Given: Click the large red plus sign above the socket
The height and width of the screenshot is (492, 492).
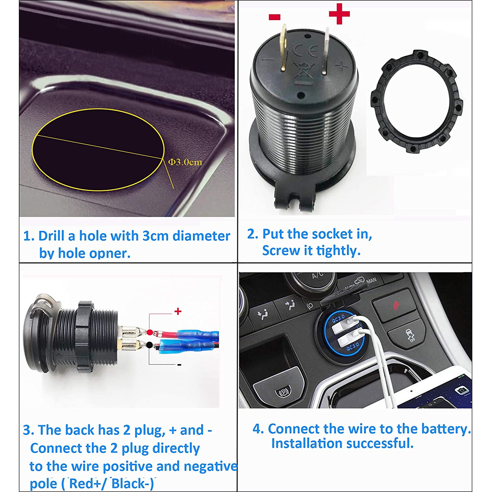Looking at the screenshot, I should coord(339,14).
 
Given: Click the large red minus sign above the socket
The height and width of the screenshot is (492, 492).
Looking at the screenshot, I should coord(275,17).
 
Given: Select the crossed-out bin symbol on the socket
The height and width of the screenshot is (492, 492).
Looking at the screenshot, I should coord(304,71).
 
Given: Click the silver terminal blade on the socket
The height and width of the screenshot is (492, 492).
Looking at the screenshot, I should coord(326,51).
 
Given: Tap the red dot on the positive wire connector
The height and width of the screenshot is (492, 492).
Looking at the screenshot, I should coord(150,332).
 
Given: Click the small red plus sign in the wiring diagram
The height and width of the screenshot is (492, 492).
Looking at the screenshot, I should coord(178,312).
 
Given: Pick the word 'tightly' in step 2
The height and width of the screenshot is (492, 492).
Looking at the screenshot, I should coord(338,251).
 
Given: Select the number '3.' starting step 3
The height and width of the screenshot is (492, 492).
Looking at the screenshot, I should coord(29,430).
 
